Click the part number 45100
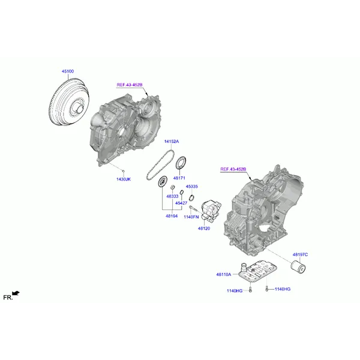click(68, 71)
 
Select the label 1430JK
click(124, 179)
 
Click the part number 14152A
click(172, 142)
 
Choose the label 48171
click(179, 178)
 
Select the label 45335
click(192, 187)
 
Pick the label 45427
click(181, 203)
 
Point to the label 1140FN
click(191, 216)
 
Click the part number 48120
click(204, 229)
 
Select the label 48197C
click(300, 254)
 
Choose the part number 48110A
click(224, 275)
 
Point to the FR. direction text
click(7, 297)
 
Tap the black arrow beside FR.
click(16, 293)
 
